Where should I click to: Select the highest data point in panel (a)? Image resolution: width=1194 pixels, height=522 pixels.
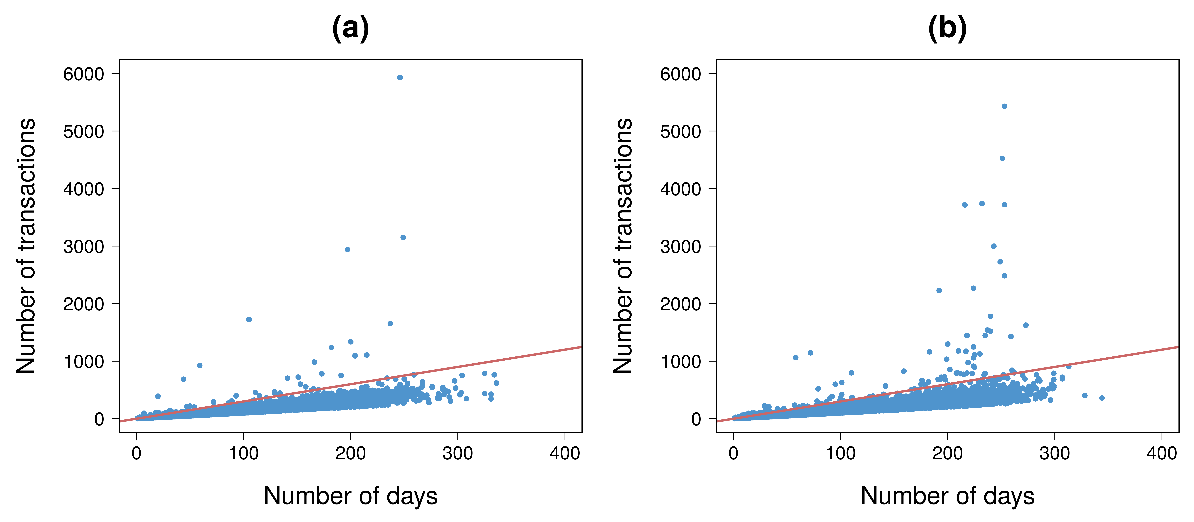[399, 77]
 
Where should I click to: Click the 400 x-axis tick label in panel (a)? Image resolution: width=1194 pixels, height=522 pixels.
[565, 453]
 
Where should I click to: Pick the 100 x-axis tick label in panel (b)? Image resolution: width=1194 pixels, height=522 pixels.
[840, 453]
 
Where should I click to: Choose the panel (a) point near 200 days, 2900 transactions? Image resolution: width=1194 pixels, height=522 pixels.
[347, 249]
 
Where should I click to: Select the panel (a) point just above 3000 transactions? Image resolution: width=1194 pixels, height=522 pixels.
[403, 237]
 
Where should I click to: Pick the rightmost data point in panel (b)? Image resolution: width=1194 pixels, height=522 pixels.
[1102, 398]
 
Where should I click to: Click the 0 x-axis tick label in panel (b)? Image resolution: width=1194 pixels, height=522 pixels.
[733, 453]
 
